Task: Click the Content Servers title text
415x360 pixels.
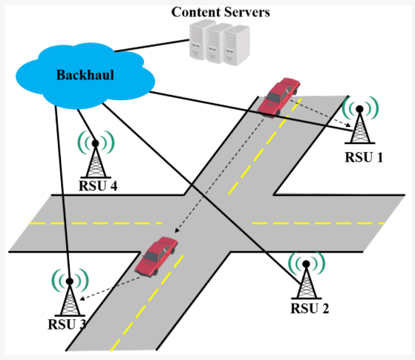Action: pos(220,12)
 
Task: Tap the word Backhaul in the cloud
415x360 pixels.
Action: pos(85,75)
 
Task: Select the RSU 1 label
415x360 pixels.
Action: pos(364,157)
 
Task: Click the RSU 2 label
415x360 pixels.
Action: pos(310,308)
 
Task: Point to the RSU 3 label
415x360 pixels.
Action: pos(67,324)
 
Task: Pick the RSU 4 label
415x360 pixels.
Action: pos(98,186)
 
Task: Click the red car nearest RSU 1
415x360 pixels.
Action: pos(278,97)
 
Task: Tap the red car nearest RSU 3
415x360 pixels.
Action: pos(156,256)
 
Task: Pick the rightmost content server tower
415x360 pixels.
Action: pos(236,45)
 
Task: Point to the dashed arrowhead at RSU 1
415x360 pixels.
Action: pos(348,125)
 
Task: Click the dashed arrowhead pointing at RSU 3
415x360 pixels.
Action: pos(82,298)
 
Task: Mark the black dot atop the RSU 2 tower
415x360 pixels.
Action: pos(306,264)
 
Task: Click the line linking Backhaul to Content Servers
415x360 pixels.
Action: pos(152,45)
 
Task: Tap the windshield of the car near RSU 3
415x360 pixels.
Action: pos(150,256)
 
